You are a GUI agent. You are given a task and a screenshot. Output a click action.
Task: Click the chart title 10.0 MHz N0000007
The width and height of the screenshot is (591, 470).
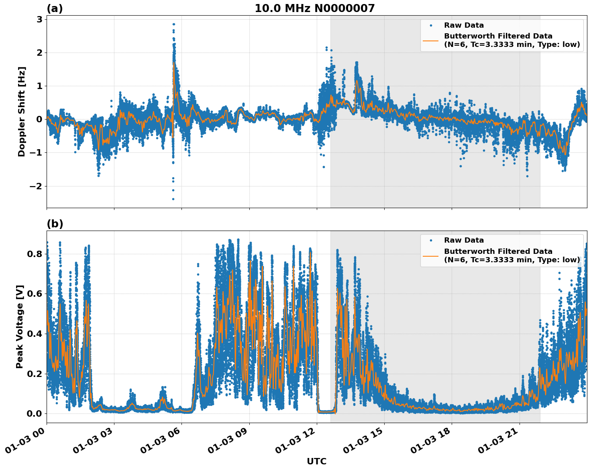314,8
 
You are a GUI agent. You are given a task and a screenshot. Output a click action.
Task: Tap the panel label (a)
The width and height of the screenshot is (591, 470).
55,8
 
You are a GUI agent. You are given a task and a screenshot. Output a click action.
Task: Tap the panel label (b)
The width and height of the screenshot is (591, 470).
55,224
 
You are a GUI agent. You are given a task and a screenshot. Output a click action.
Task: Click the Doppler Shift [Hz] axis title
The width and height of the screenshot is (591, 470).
22,111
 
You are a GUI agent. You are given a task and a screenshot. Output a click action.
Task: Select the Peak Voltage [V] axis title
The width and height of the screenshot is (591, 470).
20,326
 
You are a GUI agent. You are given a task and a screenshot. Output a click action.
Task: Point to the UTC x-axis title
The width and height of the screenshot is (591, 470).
316,461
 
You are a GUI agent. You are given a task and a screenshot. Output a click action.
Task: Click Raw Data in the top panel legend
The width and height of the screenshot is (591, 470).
464,25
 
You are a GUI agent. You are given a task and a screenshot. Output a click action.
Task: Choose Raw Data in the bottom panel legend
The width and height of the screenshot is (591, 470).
464,240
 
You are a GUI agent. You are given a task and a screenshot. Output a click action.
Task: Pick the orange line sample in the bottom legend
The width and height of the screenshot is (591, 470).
431,255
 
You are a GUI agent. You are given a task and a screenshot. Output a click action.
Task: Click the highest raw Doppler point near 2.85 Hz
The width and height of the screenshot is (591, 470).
173,24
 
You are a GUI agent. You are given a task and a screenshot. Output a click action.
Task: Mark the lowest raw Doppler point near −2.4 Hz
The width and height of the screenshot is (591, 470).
173,199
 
